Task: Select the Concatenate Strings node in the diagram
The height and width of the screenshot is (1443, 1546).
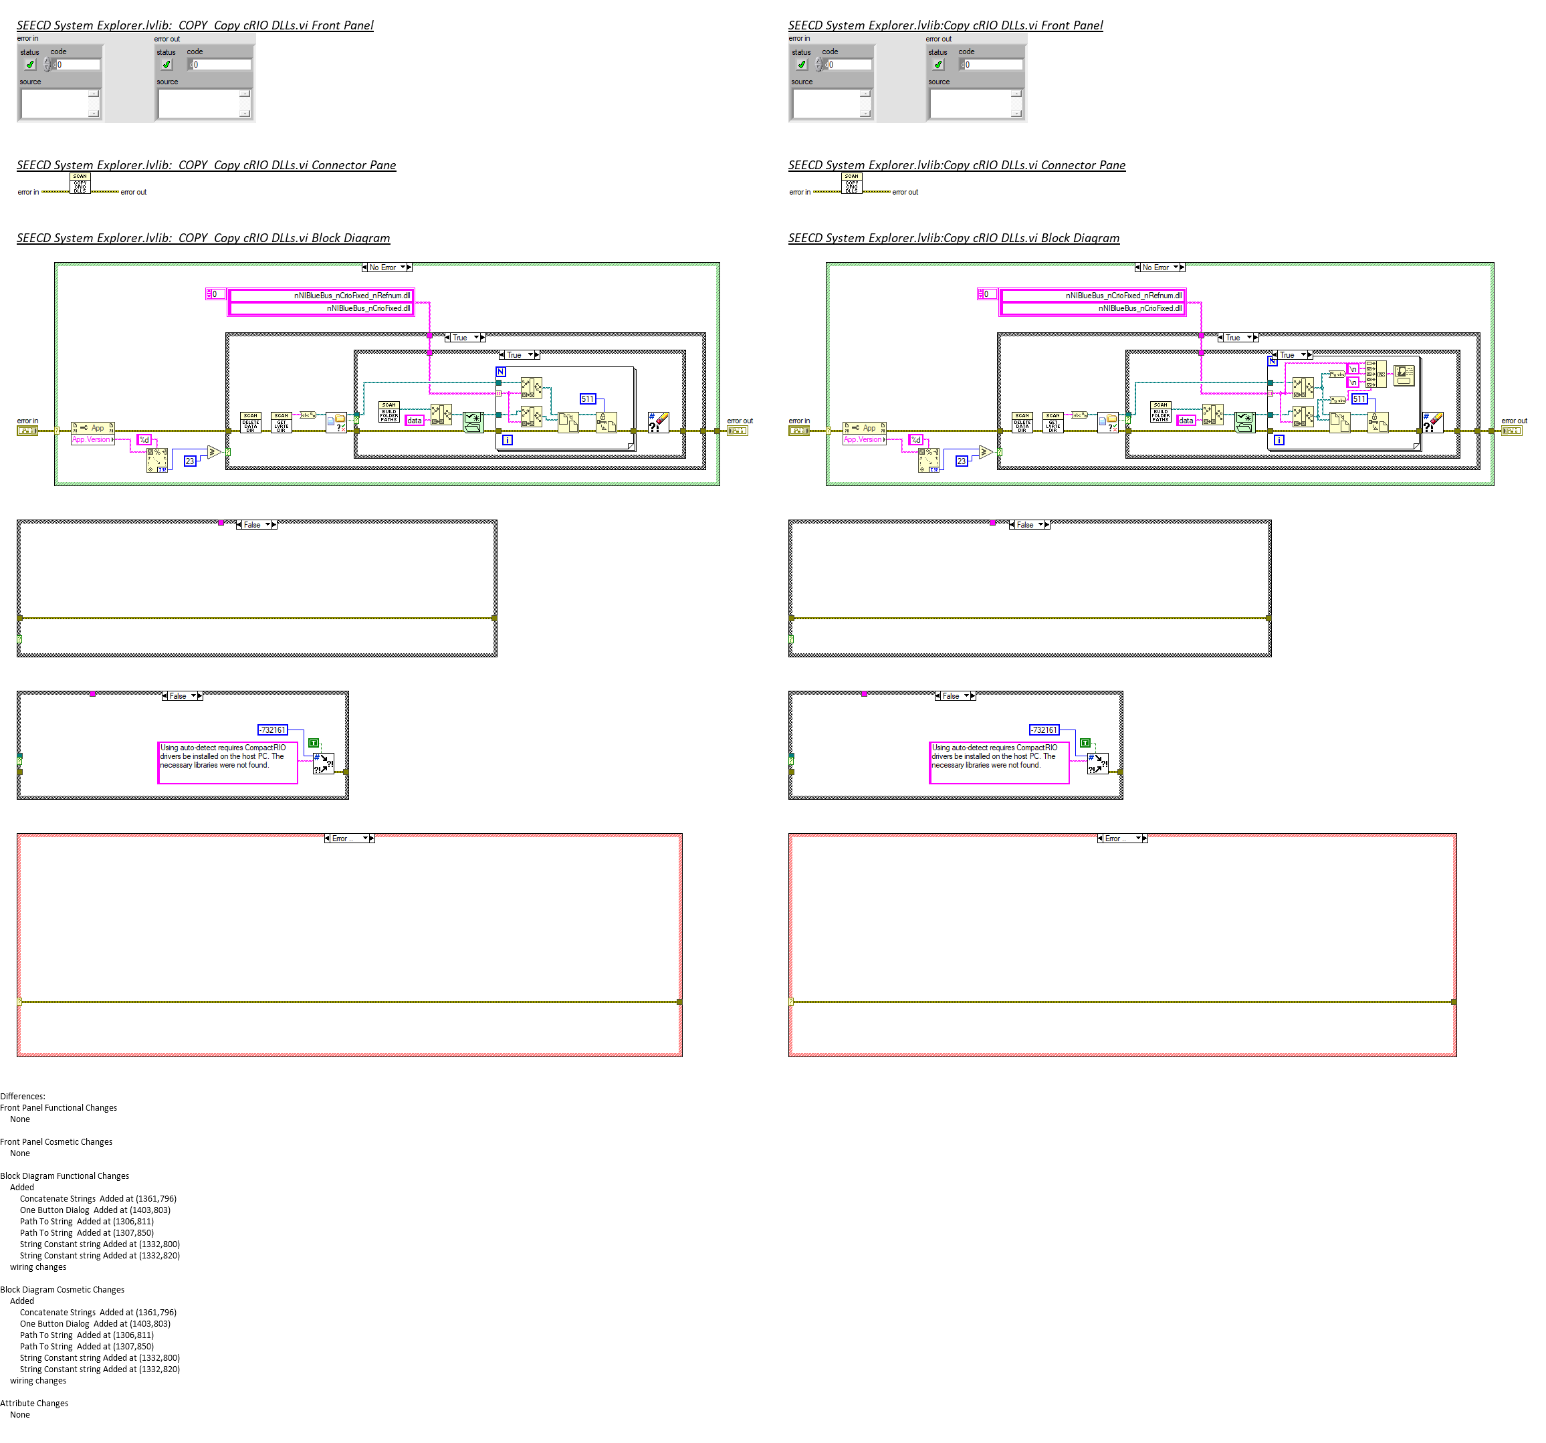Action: click(x=1375, y=374)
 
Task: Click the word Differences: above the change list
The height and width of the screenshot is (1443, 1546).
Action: click(x=23, y=1096)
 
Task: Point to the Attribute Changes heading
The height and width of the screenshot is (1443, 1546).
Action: click(x=34, y=1404)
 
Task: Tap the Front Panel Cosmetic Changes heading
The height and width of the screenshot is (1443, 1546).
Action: click(x=56, y=1142)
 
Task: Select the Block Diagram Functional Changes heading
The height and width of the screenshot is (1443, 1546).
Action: click(x=65, y=1176)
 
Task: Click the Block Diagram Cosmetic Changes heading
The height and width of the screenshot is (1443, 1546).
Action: click(x=62, y=1290)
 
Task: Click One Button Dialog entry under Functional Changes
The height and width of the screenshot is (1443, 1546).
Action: click(x=95, y=1210)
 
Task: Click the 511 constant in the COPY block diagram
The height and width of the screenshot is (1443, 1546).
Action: click(x=587, y=399)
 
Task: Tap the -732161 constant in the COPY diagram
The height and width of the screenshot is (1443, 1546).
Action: click(x=273, y=730)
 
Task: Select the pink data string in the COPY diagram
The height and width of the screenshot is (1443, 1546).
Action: click(x=415, y=421)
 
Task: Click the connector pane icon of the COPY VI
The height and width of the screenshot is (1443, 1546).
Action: click(x=80, y=183)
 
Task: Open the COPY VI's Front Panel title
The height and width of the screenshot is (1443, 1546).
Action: click(x=195, y=25)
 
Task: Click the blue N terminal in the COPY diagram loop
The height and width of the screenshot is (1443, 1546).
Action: click(x=501, y=372)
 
